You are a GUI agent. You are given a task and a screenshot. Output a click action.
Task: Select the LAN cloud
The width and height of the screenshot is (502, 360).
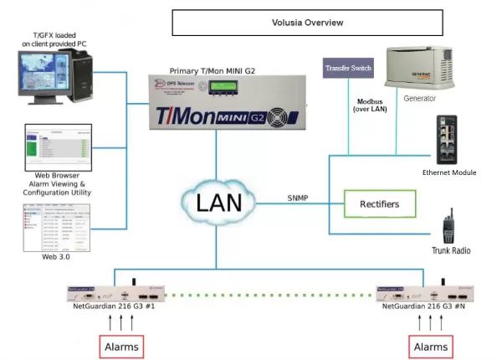coord(219,202)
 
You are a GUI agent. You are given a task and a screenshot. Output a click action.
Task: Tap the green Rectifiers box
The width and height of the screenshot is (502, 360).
coord(378,203)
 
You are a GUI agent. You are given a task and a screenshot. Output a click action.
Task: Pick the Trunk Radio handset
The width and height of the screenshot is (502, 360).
coord(448,225)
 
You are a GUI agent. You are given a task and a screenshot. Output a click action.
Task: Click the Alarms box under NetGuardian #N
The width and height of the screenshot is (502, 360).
coord(431,346)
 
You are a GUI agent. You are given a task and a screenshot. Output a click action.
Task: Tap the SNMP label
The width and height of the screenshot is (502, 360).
coord(300,198)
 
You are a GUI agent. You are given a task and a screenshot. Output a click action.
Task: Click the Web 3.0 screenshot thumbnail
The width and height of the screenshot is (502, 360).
coord(58,228)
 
